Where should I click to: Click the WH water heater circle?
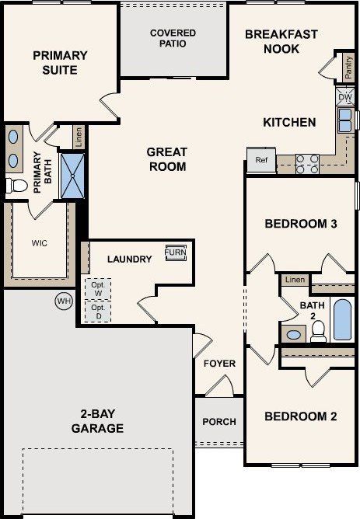point(62,301)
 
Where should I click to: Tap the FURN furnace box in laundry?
point(175,253)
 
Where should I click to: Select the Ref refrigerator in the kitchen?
point(261,160)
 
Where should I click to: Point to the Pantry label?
point(347,68)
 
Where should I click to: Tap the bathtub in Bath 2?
point(342,319)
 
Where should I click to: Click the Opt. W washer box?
point(97,287)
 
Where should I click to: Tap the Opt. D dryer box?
point(97,312)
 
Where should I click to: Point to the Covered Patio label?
point(173,38)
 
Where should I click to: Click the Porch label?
point(218,422)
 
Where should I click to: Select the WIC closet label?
point(40,243)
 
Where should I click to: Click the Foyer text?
point(219,364)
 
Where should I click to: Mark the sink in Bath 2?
point(293,335)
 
